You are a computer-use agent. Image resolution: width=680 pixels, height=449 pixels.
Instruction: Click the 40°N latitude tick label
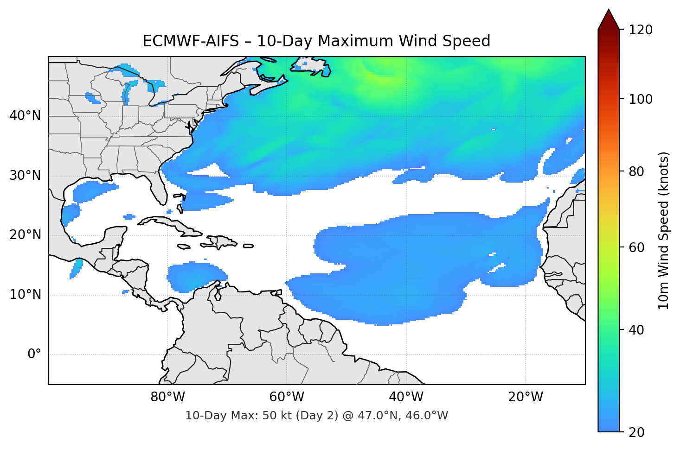25,116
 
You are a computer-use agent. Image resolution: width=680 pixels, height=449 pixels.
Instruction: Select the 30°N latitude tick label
25,176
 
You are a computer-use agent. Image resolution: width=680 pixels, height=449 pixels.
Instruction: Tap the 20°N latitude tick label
25,235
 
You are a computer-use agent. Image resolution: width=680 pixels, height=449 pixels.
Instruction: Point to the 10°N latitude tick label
25,295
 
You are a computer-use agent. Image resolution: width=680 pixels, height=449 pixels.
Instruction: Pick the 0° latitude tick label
34,354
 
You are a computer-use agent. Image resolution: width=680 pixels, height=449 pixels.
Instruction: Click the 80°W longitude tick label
167,397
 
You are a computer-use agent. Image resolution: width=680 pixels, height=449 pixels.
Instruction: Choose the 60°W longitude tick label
287,397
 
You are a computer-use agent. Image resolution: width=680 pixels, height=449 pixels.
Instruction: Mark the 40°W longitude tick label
406,397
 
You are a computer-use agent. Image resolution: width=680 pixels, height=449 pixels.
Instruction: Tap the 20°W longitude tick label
526,397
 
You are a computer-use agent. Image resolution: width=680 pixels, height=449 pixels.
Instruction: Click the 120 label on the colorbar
641,30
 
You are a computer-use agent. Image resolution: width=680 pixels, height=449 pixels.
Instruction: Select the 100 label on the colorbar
641,99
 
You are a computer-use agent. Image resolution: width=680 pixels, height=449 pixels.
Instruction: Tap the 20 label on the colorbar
637,432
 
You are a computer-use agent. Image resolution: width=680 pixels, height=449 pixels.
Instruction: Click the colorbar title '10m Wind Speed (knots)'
664,230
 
